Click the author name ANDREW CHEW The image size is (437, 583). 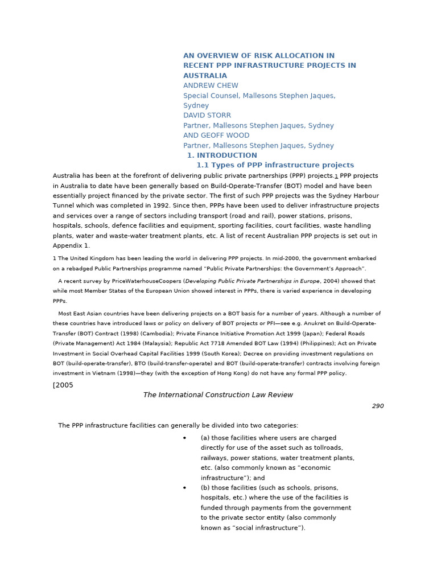pos(211,86)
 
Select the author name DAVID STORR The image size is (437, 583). pos(207,116)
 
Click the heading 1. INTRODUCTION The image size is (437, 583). pos(222,155)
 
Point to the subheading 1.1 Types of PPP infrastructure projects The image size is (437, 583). pos(275,165)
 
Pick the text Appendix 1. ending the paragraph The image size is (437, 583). pos(72,246)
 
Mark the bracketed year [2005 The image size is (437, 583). pos(63,385)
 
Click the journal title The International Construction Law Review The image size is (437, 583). pos(218,395)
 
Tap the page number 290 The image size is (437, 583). pos(378,407)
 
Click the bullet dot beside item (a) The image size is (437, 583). pos(184,438)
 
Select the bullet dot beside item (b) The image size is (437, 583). pos(184,488)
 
